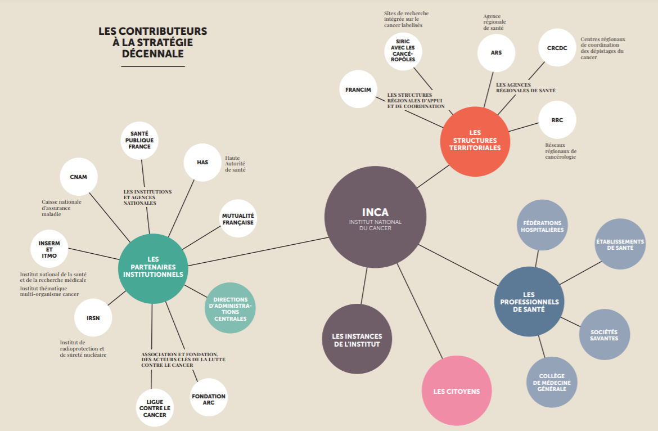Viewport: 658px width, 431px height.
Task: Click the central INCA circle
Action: [375, 217]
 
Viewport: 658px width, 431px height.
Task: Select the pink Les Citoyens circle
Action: [456, 390]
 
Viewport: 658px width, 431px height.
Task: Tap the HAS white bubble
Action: [202, 163]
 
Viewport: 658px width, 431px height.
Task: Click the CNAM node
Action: [78, 177]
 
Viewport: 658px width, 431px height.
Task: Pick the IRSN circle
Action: [93, 318]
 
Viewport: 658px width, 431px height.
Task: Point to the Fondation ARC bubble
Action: [209, 399]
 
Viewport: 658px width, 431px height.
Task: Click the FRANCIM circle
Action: [358, 89]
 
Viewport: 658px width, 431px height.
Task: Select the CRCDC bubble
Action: [557, 48]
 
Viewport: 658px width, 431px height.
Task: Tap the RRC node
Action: [557, 120]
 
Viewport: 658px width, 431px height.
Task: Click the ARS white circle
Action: [496, 52]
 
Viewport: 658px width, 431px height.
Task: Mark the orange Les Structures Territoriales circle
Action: [475, 141]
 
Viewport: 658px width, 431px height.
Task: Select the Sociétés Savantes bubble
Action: [604, 335]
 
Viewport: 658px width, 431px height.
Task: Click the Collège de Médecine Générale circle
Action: [551, 383]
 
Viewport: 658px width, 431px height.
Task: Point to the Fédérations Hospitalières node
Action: [542, 226]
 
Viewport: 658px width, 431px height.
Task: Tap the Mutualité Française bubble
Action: [238, 219]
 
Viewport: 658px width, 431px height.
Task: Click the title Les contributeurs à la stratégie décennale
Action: [152, 43]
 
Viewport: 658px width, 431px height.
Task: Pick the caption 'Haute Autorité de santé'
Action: [235, 164]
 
